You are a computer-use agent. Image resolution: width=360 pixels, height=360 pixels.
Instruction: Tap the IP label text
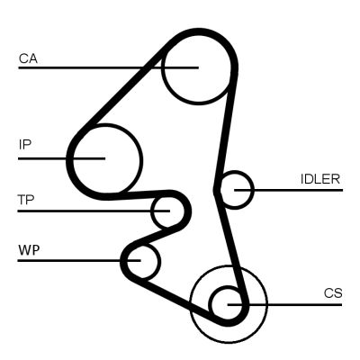point(24,143)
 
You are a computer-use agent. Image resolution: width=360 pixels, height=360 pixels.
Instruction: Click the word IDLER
point(319,179)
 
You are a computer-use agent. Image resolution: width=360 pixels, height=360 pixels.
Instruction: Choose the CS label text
point(333,292)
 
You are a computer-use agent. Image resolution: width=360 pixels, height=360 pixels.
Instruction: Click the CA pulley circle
point(193,67)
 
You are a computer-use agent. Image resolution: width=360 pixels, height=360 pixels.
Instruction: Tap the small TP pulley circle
point(165,211)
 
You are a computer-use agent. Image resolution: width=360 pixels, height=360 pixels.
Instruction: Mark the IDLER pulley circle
point(237,190)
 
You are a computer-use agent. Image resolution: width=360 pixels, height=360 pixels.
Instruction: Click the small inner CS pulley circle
point(228,304)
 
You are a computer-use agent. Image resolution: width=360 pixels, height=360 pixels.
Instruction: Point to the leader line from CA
point(90,67)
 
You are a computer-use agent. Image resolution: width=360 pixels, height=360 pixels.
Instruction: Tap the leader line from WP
point(72,261)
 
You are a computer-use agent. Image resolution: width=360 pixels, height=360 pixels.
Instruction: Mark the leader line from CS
point(297,304)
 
